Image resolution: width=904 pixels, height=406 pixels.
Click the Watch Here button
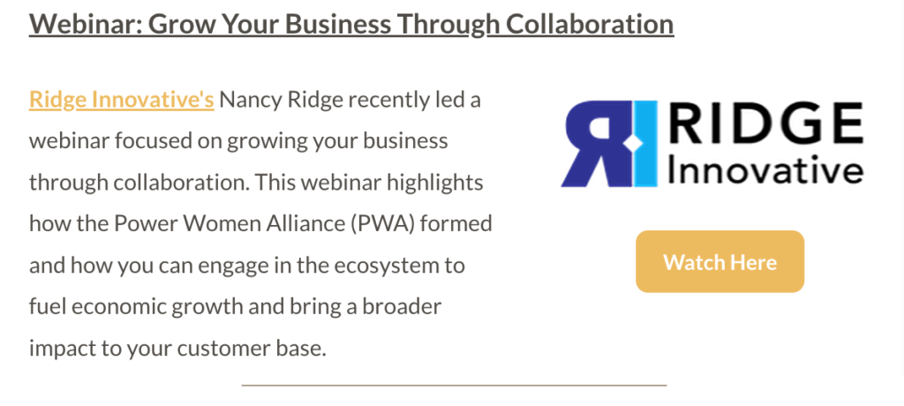click(x=719, y=262)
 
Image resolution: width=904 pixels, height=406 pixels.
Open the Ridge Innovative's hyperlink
click(x=122, y=100)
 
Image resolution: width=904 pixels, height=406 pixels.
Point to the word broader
click(x=402, y=306)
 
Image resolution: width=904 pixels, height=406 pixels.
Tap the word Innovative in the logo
click(x=765, y=170)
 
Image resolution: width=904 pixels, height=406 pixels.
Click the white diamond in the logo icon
click(x=633, y=142)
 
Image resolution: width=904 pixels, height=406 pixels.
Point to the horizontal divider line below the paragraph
click(x=454, y=384)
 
